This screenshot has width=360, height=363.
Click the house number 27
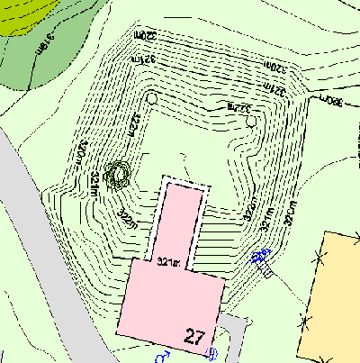194,338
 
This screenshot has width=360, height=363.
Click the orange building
335,297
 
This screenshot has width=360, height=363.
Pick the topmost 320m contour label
146,36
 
